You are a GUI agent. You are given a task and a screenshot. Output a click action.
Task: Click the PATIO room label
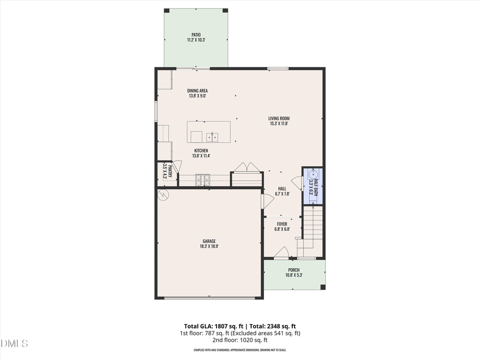196,37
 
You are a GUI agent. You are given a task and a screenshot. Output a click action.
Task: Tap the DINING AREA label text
197,93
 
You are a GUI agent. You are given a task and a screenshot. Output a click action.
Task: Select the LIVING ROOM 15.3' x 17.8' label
279,121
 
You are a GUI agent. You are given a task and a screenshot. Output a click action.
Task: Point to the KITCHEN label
201,153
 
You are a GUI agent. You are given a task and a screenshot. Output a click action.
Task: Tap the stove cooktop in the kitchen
203,179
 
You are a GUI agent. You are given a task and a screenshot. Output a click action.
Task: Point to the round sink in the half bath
313,173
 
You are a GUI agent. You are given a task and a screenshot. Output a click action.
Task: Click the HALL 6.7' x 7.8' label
282,191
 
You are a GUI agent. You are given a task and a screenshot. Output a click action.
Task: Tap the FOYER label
282,227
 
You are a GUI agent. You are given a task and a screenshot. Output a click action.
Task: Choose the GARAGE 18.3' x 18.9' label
209,244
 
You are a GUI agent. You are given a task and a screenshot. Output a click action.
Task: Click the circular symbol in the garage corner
163,196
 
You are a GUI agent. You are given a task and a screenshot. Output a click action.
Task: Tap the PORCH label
294,273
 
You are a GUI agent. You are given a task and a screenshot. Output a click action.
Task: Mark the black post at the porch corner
323,287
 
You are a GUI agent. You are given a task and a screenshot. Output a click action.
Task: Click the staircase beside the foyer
313,224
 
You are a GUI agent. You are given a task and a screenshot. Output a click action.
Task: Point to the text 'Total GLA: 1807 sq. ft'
210,326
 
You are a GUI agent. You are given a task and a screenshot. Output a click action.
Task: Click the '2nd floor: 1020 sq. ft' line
239,340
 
